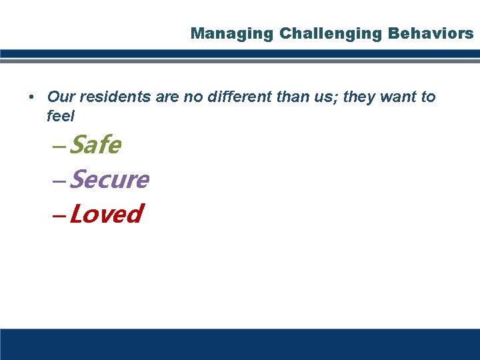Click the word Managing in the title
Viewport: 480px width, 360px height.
(222, 33)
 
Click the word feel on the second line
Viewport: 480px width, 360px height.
(61, 116)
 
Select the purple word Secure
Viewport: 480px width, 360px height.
(109, 179)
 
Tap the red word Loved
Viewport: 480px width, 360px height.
(106, 215)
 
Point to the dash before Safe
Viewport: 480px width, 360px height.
(59, 146)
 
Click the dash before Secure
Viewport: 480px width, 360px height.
(59, 181)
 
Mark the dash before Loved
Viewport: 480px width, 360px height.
(59, 216)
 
